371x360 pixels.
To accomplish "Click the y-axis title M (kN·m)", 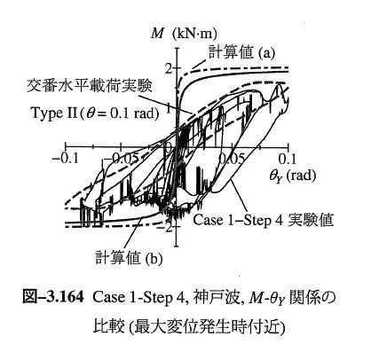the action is click(184, 34).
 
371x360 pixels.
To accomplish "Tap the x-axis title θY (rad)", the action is click(292, 176).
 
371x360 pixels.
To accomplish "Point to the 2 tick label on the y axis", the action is click(169, 69).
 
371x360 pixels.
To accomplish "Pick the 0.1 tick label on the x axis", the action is click(287, 159).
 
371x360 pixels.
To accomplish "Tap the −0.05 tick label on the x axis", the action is click(122, 159).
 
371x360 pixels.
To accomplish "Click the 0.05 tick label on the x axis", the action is click(232, 159).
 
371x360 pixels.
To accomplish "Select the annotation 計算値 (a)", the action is click(241, 52).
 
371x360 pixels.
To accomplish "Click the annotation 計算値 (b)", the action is click(129, 258).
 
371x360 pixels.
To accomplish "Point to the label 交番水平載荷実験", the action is click(90, 85).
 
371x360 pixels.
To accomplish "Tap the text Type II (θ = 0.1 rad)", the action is click(94, 113).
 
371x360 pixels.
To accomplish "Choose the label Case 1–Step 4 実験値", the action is click(264, 220).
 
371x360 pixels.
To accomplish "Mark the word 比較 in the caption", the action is click(108, 325).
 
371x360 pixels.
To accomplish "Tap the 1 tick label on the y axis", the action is click(169, 108).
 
